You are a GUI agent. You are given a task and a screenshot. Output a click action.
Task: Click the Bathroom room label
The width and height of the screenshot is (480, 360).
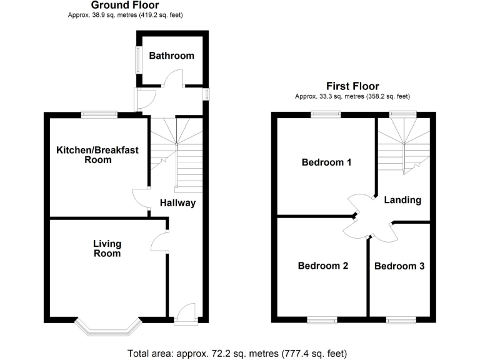[171, 56]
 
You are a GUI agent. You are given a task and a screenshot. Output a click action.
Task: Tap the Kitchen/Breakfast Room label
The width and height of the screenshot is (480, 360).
[97, 154]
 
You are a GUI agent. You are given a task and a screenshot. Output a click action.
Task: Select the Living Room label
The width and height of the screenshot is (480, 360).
[107, 248]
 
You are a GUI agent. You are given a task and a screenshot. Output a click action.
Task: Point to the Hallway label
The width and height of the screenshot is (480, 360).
[177, 203]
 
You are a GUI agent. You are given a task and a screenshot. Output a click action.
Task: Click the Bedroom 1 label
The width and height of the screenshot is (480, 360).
[326, 162]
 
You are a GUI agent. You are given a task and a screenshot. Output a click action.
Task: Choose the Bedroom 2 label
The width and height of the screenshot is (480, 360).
[322, 266]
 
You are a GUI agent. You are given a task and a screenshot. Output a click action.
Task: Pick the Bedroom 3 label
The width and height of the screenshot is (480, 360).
[399, 266]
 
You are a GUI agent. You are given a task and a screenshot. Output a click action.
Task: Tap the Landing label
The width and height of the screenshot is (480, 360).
[402, 201]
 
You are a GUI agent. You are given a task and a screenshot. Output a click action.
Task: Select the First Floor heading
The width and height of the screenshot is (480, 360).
[352, 86]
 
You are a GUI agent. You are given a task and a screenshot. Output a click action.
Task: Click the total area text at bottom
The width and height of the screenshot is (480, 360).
[239, 352]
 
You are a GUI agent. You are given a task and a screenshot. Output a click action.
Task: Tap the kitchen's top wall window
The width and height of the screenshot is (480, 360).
[100, 114]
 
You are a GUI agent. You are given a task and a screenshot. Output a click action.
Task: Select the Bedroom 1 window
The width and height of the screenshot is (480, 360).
[326, 114]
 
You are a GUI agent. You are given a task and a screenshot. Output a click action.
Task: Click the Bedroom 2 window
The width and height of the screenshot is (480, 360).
[322, 321]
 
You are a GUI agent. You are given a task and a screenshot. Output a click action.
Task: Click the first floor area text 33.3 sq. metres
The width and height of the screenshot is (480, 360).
[352, 96]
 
